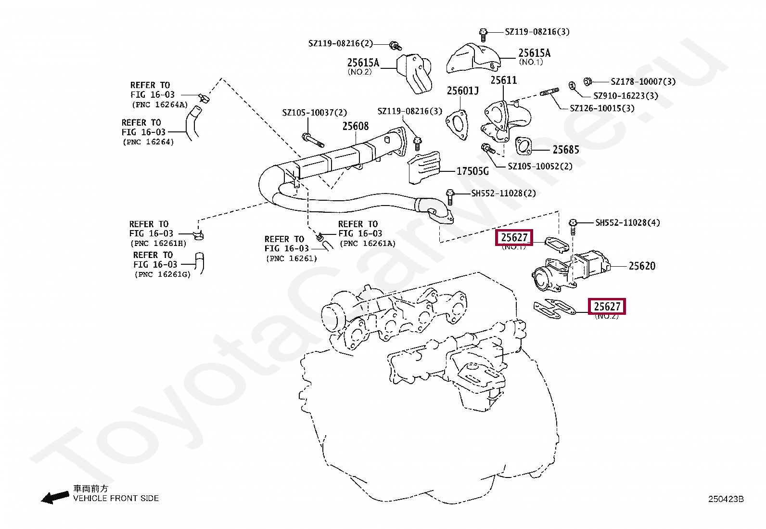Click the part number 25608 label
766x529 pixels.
point(355,126)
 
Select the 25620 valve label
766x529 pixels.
point(642,266)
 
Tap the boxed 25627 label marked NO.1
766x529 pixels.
point(514,237)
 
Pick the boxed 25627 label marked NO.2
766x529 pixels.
point(607,307)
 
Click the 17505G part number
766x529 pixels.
point(472,171)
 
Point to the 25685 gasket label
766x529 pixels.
point(566,150)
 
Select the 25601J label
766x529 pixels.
point(462,91)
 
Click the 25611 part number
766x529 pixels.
point(503,80)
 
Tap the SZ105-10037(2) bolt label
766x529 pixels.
point(314,113)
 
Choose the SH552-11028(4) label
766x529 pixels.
point(627,222)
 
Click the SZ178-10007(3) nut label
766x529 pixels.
point(643,82)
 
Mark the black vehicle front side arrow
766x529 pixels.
point(54,497)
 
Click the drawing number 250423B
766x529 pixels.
point(726,499)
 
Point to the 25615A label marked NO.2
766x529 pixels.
point(363,63)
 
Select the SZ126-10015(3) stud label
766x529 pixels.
point(602,108)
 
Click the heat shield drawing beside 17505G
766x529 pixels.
point(424,168)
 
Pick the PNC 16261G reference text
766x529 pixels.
point(163,274)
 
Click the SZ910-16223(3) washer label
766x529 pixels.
point(626,96)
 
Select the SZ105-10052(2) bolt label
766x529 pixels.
point(540,167)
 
